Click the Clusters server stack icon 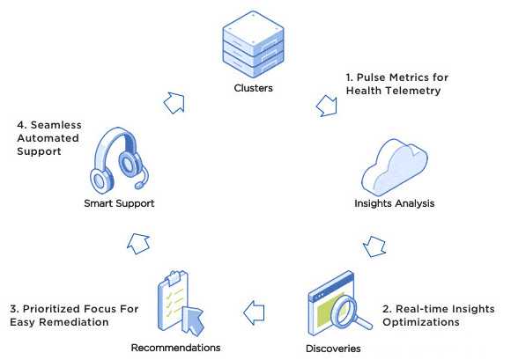[x=253, y=44]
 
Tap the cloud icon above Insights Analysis [x=395, y=167]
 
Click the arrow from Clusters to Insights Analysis [x=327, y=107]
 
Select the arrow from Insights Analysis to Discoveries [x=374, y=246]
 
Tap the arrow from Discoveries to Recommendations [x=255, y=312]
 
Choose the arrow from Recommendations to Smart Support [x=139, y=244]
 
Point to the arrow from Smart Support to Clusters [x=174, y=103]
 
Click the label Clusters [x=253, y=88]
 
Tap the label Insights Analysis [x=395, y=203]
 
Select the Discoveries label [x=333, y=349]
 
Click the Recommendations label [x=175, y=348]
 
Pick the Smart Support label [x=119, y=203]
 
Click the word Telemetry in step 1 [x=412, y=91]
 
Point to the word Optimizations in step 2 [x=421, y=322]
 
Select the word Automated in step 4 [x=48, y=138]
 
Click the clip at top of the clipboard [x=174, y=277]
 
